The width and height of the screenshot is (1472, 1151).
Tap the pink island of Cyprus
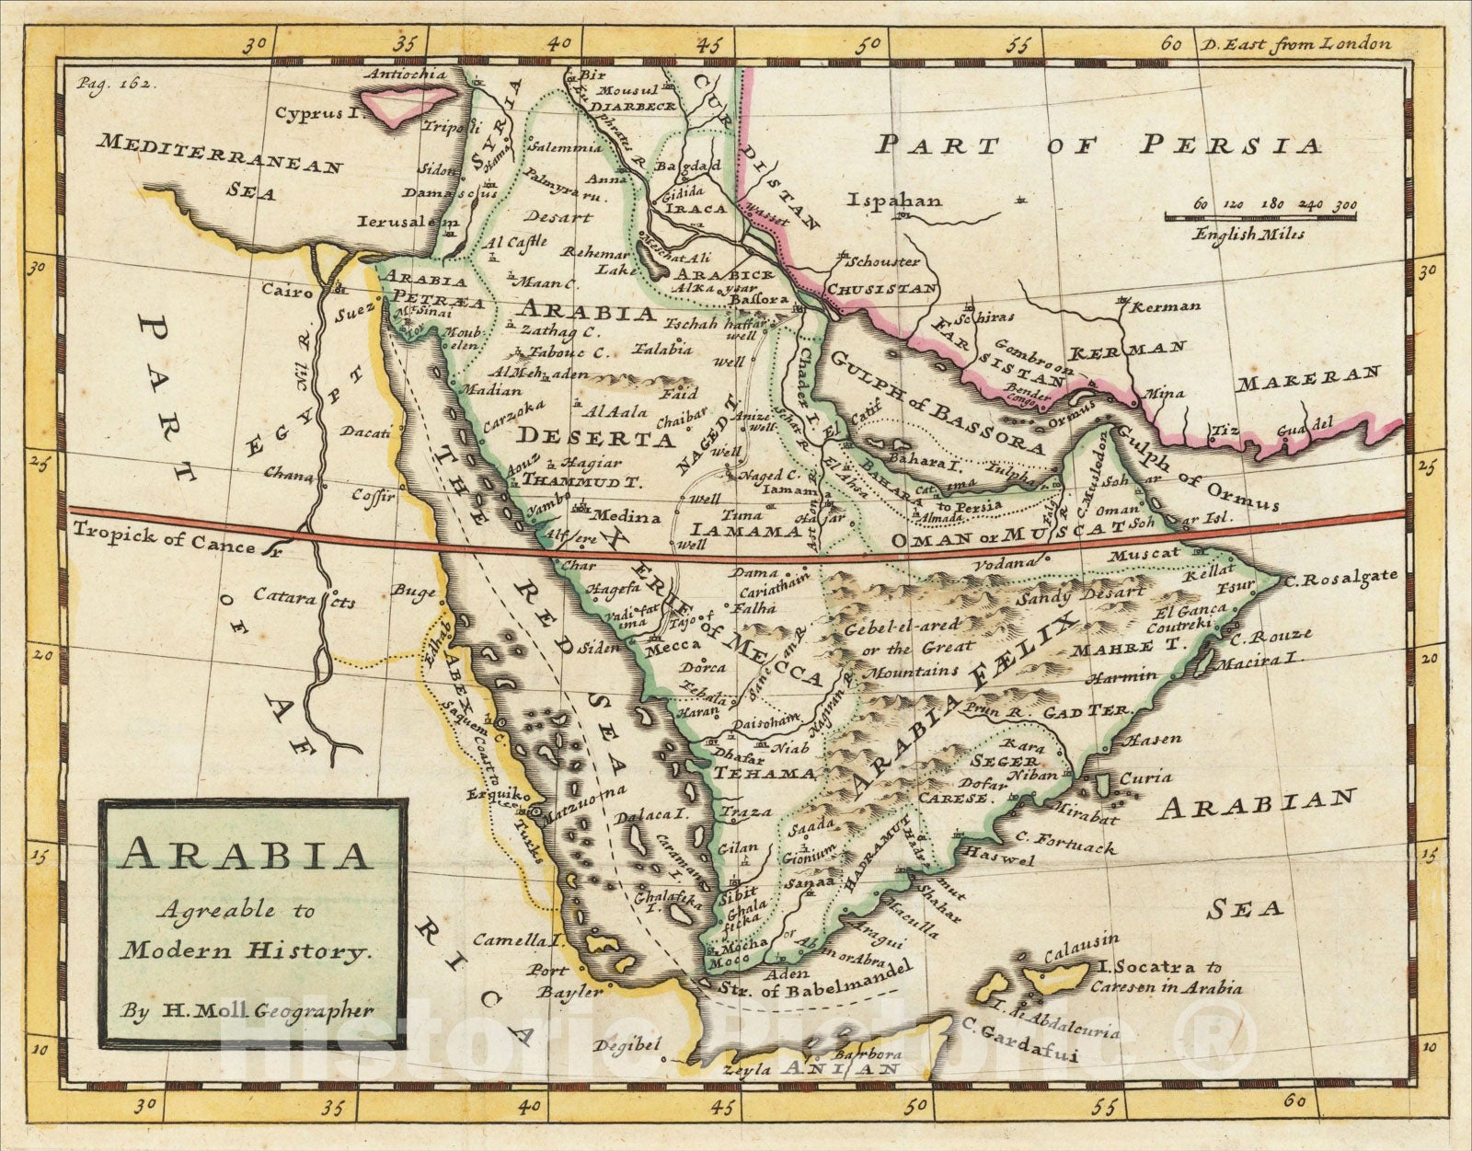point(409,103)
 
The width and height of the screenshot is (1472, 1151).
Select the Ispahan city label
point(895,200)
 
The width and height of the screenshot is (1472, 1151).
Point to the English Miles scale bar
point(1261,216)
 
